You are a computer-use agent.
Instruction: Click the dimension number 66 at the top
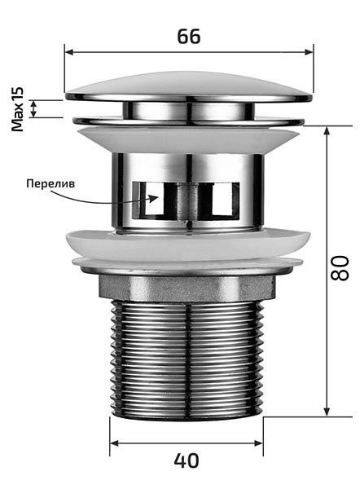(189, 37)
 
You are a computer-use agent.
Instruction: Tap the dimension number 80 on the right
(340, 268)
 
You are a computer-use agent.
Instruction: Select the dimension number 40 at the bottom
(186, 460)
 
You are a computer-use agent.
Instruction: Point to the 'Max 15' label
(17, 109)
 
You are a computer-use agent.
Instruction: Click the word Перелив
(50, 183)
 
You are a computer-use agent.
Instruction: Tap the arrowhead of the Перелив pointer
(154, 198)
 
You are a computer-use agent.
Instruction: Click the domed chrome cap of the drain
(188, 88)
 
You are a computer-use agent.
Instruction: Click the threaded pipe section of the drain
(187, 360)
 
